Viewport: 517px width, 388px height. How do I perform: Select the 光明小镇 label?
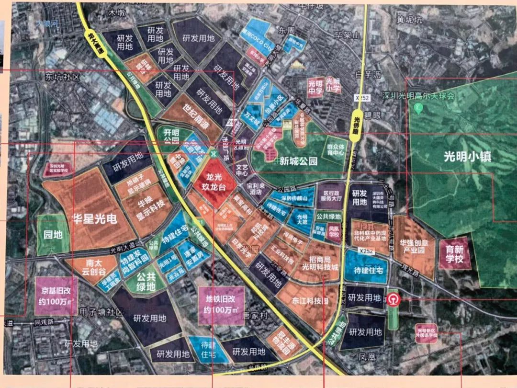tap(464, 156)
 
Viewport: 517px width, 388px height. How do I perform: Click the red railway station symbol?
tap(393, 298)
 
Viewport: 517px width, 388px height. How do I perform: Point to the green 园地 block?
tap(53, 235)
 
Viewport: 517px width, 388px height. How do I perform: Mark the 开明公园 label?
tap(170, 137)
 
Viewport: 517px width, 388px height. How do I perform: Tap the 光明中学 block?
tap(315, 87)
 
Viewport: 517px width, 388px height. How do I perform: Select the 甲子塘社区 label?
tap(102, 312)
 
